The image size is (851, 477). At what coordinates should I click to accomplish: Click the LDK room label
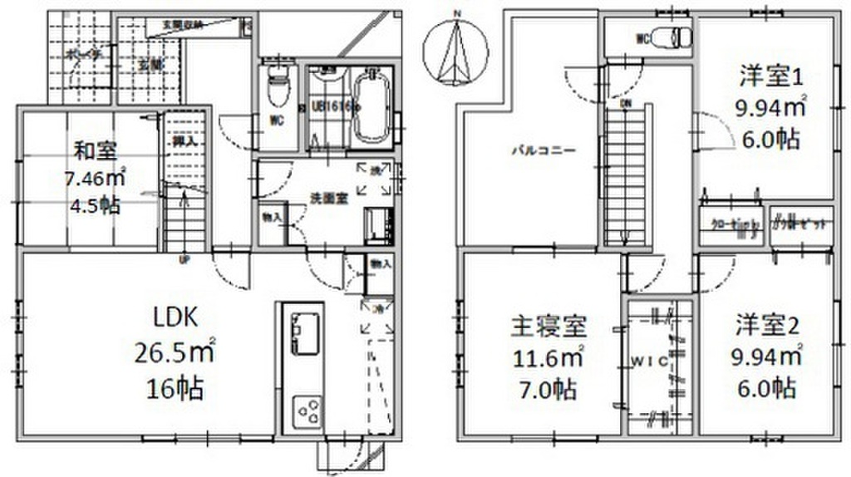click(x=175, y=318)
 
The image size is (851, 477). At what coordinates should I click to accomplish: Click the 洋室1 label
click(x=769, y=78)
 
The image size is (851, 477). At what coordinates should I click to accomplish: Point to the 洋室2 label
click(x=769, y=324)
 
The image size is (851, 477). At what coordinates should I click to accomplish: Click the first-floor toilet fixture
click(x=276, y=86)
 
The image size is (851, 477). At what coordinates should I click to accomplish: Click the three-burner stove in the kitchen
click(x=307, y=411)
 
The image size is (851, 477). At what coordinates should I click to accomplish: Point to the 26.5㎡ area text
click(x=175, y=355)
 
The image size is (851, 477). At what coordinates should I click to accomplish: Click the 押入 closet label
click(x=184, y=140)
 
